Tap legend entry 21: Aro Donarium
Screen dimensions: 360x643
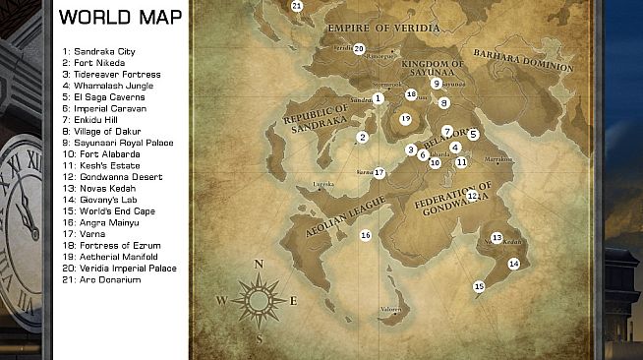101,279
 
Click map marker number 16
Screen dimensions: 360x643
365,235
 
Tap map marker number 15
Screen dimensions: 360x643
479,286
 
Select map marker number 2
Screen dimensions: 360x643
363,138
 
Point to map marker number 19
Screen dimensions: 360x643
405,119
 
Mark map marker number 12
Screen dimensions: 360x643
472,196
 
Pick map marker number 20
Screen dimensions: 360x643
359,47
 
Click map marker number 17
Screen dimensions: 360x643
379,172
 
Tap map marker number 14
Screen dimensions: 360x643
513,264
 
